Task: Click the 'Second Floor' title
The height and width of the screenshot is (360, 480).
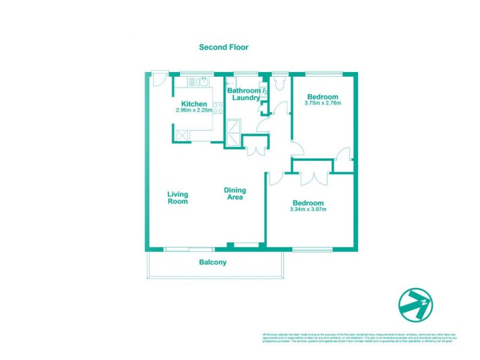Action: coord(223,47)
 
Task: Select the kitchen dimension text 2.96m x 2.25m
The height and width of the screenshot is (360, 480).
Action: coord(194,110)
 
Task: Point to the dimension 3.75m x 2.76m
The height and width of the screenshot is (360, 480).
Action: coord(322,103)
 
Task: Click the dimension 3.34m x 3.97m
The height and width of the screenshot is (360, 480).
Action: coord(307,209)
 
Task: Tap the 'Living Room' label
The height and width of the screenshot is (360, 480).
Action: coord(178,198)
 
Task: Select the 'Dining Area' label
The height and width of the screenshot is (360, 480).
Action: coord(235,194)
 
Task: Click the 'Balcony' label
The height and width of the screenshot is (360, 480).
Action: coord(213,262)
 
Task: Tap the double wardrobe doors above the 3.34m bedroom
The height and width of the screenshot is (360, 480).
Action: coord(312,178)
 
